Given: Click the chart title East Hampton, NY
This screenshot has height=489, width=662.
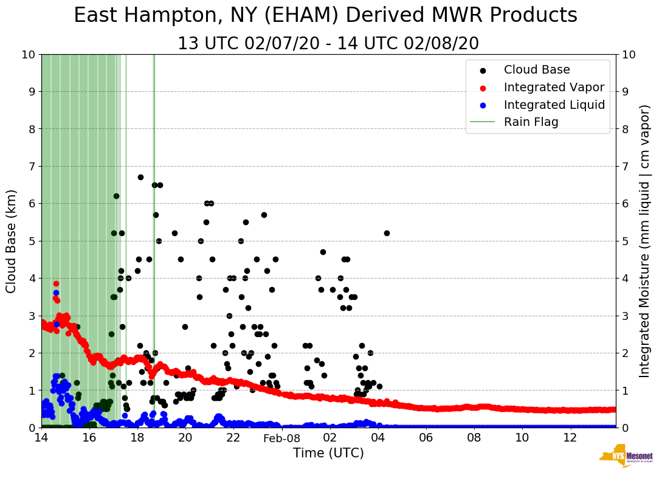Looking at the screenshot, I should point(325,16).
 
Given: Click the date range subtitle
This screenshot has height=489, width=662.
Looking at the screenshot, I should point(328,44).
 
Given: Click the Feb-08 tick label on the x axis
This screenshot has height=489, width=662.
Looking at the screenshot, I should point(281,438).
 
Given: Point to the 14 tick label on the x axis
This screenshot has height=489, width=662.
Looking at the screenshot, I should point(41,438).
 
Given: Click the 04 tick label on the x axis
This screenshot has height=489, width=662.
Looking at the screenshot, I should point(378,438).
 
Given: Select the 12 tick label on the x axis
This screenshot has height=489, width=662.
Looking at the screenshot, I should point(570,438).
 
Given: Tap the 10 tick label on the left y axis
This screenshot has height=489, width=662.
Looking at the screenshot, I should point(28,54).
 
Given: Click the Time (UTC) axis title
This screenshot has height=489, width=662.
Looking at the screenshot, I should point(328,454).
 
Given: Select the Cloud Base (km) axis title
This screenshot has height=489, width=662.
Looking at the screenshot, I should point(12,240).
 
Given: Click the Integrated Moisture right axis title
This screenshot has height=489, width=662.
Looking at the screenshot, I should point(645,240).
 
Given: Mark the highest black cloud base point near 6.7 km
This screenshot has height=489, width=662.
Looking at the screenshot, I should point(140,177).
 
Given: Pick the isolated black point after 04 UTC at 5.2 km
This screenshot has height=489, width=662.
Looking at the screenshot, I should point(387,233).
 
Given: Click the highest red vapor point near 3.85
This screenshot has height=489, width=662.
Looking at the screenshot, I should point(56,283).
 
